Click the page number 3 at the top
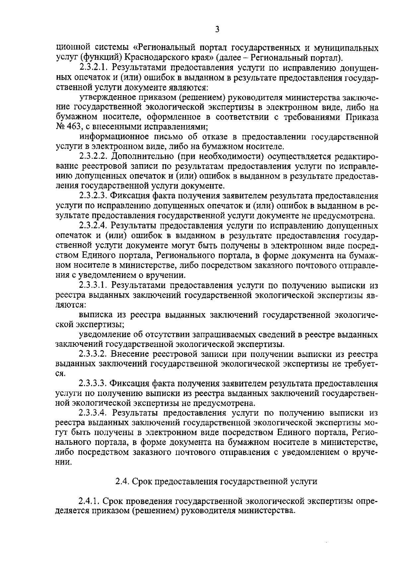point(217,29)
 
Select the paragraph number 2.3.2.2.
point(94,156)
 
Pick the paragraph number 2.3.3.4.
point(94,413)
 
